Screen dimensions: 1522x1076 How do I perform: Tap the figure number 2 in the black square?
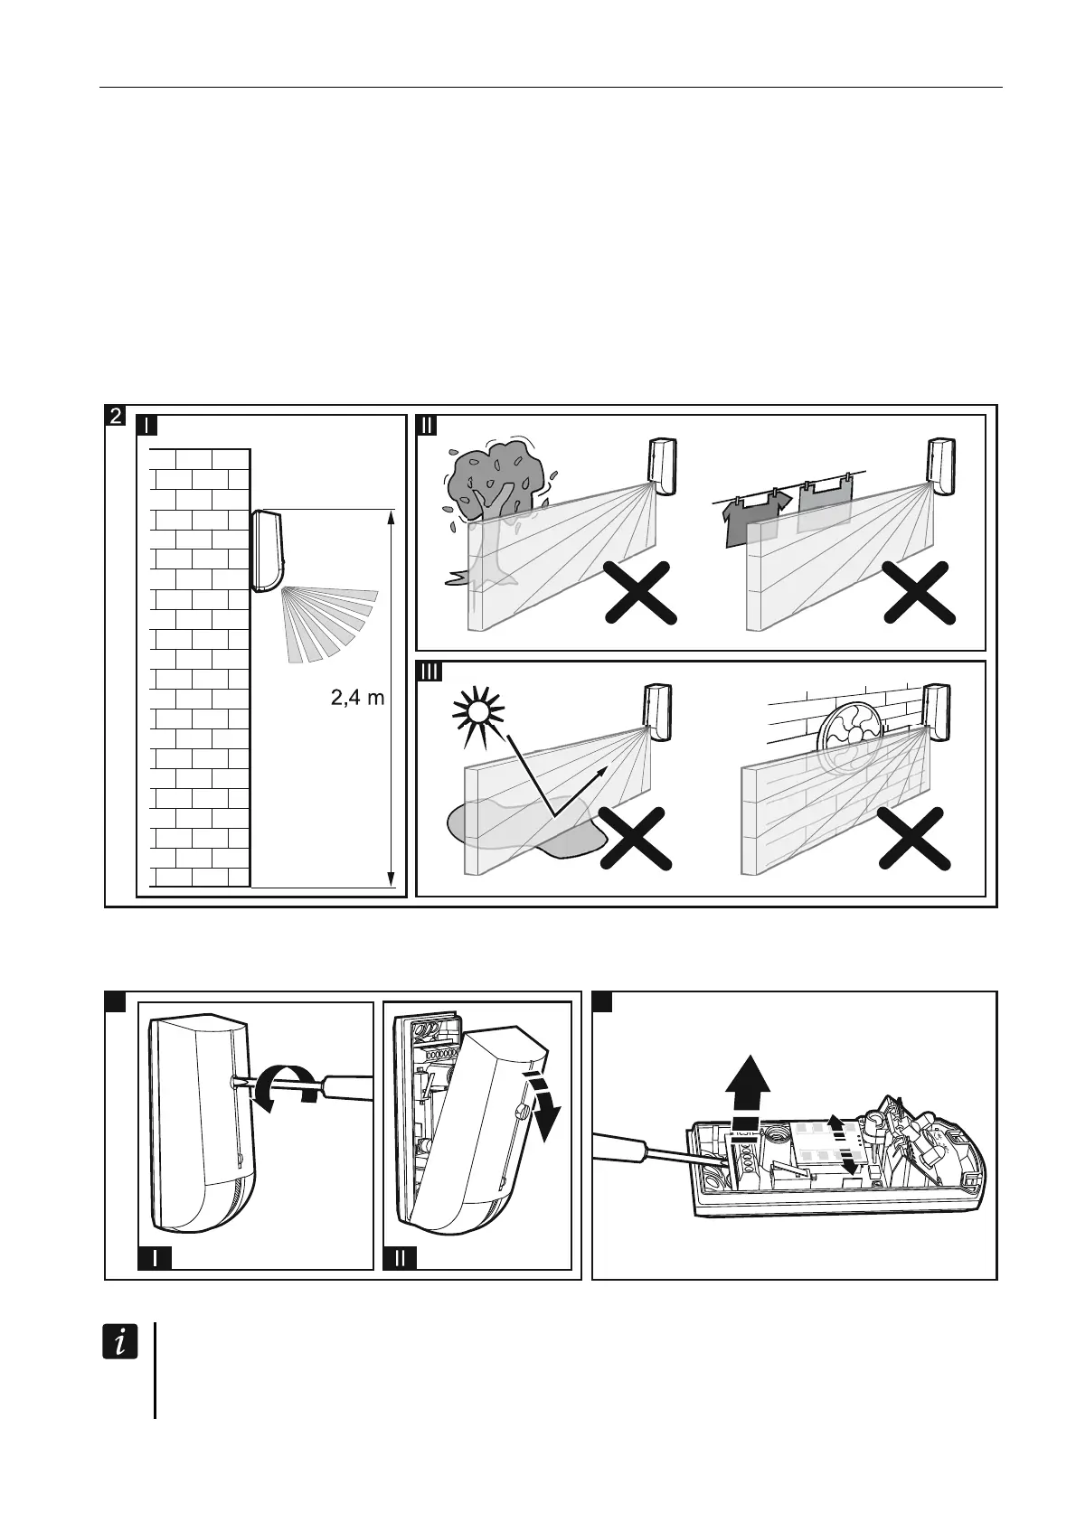click(x=115, y=417)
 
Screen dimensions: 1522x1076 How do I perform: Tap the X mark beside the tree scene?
click(x=640, y=592)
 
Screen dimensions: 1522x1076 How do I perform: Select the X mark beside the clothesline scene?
click(x=920, y=592)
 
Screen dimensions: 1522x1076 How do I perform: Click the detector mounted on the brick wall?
click(x=269, y=550)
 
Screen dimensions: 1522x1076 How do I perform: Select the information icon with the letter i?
click(x=119, y=1343)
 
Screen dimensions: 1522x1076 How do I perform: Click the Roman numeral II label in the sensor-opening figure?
click(x=400, y=1257)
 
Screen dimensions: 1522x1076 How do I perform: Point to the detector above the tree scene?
click(x=663, y=465)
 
